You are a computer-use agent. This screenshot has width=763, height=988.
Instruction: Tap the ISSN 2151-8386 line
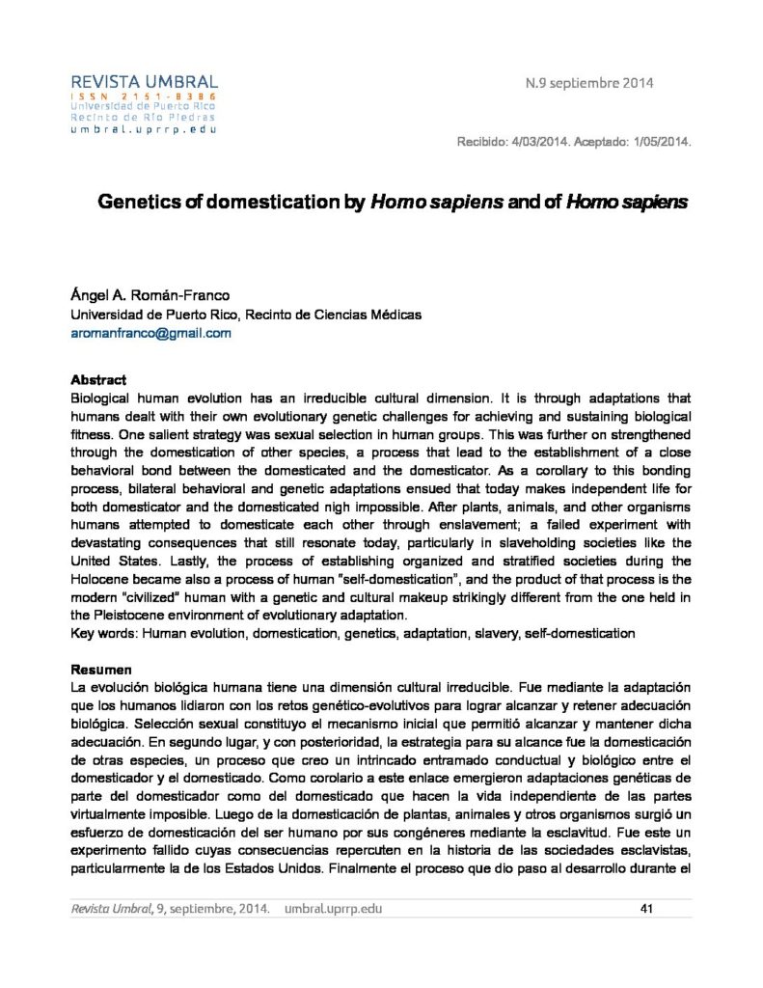coord(144,97)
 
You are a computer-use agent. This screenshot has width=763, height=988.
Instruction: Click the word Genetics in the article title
coord(139,203)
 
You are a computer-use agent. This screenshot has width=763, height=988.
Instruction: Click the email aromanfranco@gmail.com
coord(151,333)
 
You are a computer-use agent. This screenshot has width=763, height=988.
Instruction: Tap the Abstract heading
coord(98,380)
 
